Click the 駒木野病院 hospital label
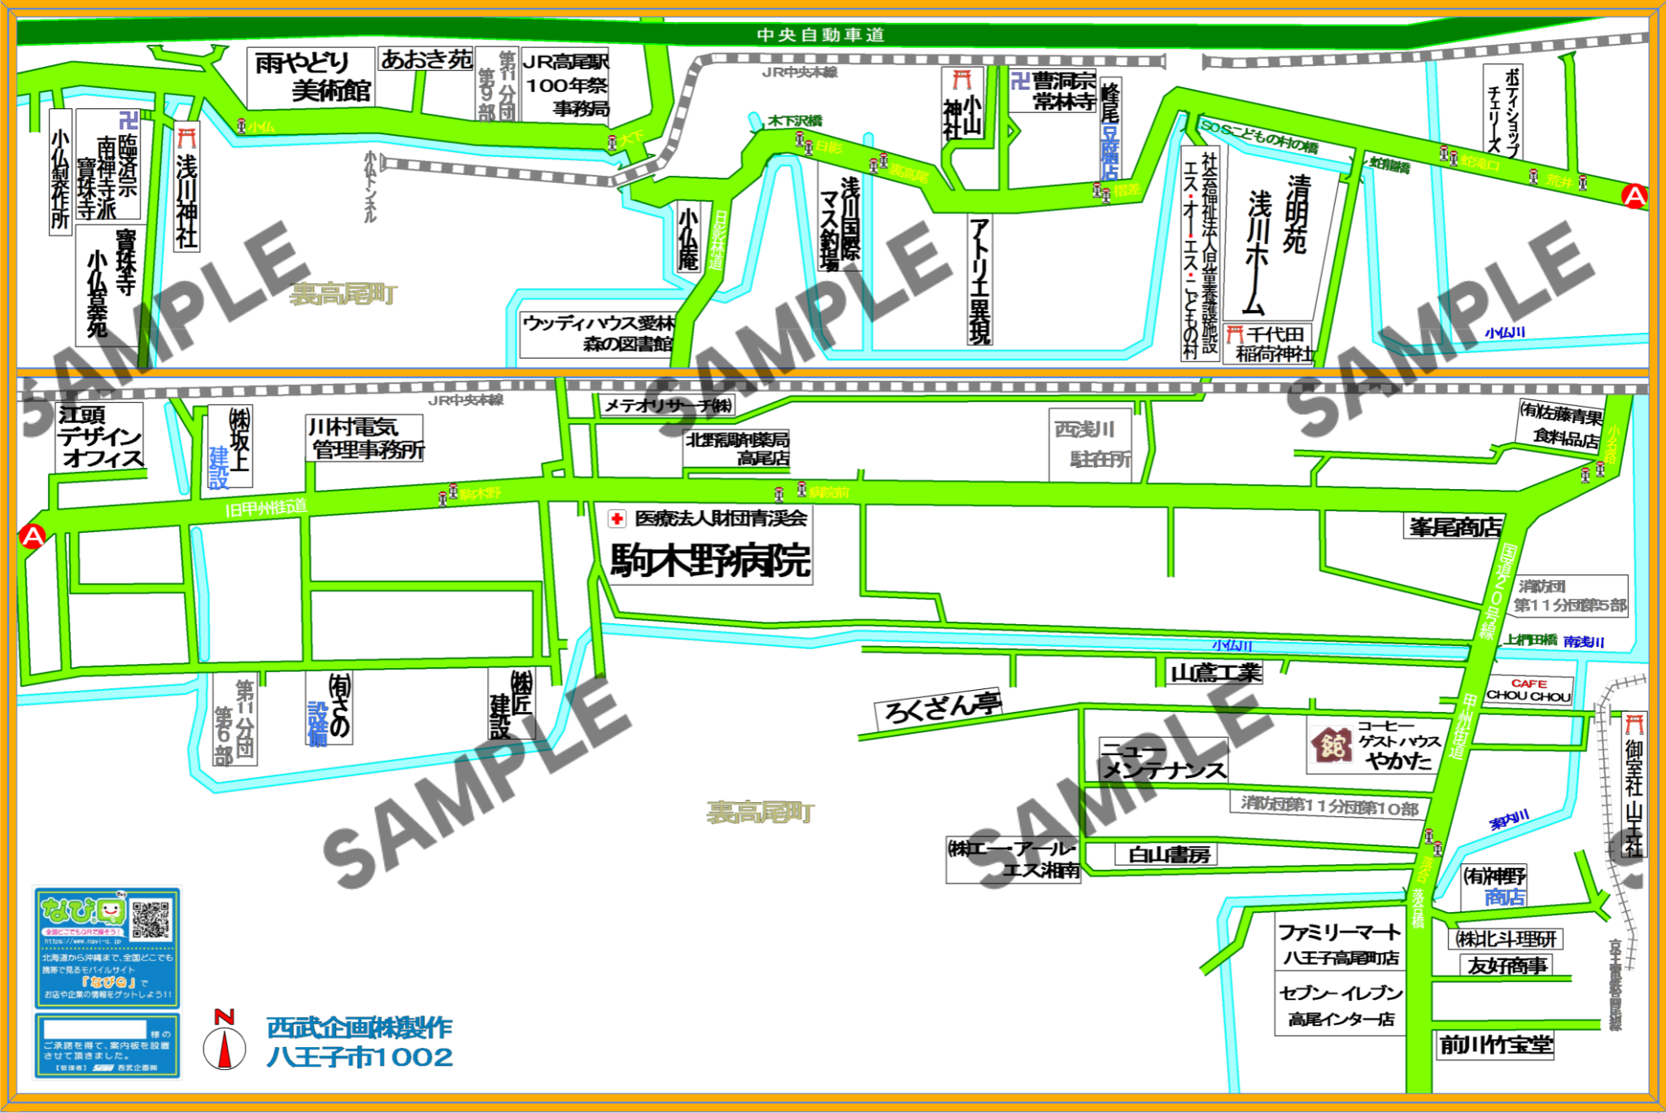tap(709, 561)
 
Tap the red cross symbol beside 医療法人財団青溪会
tap(617, 518)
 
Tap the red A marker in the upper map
tap(1633, 196)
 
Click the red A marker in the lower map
tap(33, 536)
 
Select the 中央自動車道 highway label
tap(820, 35)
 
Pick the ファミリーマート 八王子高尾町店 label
tap(1340, 943)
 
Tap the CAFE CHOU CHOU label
tap(1529, 690)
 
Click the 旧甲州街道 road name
tap(266, 508)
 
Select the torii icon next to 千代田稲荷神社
tap(1235, 334)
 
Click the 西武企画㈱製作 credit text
tap(360, 1028)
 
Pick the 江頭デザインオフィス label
tap(99, 437)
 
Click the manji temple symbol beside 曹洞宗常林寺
tap(1020, 81)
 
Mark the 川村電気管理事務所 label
tap(365, 438)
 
